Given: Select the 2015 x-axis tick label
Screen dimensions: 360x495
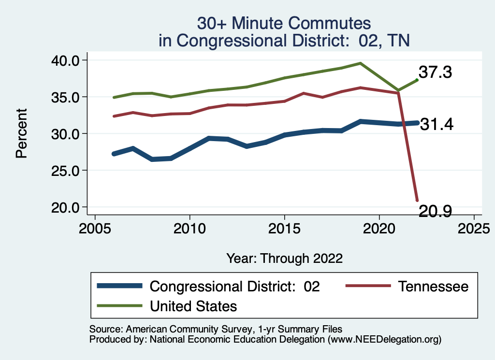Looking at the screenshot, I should [284, 227].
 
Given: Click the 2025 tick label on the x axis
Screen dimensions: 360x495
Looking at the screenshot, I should [474, 227].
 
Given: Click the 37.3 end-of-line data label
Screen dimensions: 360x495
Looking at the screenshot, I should [435, 72].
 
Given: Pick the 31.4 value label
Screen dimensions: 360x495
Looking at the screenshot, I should [436, 125].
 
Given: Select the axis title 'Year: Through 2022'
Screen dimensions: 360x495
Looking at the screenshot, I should [284, 258].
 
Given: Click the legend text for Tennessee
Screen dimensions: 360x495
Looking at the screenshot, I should [433, 286].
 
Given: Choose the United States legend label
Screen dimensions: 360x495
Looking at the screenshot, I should [193, 306].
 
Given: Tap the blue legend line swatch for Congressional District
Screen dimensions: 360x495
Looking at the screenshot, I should [120, 286].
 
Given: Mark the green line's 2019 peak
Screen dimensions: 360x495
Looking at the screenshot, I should [360, 63].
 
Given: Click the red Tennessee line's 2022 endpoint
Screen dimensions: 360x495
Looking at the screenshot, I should [417, 200].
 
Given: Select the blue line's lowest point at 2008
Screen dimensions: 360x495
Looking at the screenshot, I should [152, 159].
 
